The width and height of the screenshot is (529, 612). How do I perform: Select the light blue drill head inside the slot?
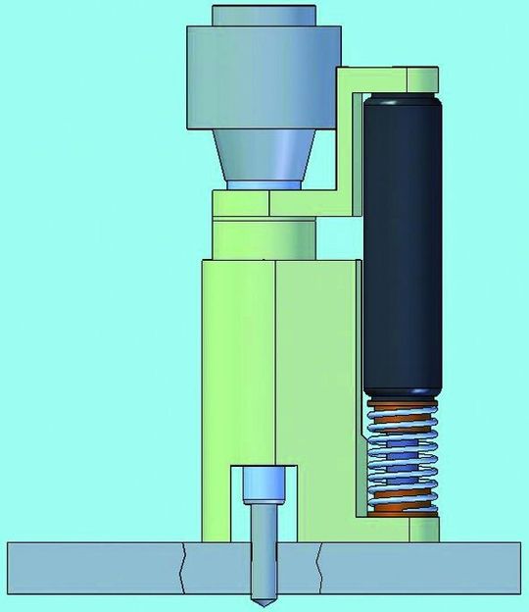click(x=264, y=483)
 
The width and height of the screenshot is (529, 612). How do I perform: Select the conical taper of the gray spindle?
click(x=265, y=157)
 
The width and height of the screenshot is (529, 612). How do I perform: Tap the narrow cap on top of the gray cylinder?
click(x=264, y=16)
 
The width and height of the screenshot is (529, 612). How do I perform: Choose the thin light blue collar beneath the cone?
click(x=264, y=185)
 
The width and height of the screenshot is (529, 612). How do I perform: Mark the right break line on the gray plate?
click(x=319, y=566)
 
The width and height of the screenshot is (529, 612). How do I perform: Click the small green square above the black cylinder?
click(x=417, y=79)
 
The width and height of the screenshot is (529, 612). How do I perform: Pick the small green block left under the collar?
click(x=241, y=204)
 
